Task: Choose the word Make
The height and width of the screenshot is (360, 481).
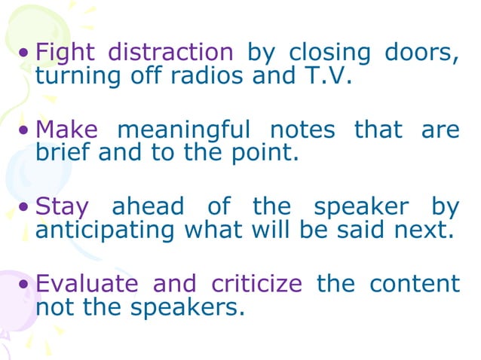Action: point(67,130)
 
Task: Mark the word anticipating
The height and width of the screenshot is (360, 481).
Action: point(104,229)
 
